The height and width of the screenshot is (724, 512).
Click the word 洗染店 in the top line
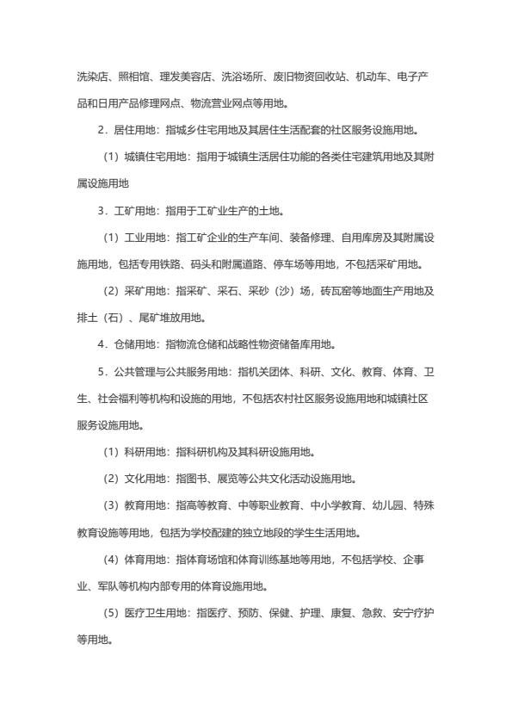coord(91,77)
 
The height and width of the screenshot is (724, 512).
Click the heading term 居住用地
coord(132,131)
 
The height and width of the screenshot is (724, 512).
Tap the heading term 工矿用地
coord(132,211)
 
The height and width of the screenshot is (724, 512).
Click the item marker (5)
coord(115,613)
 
